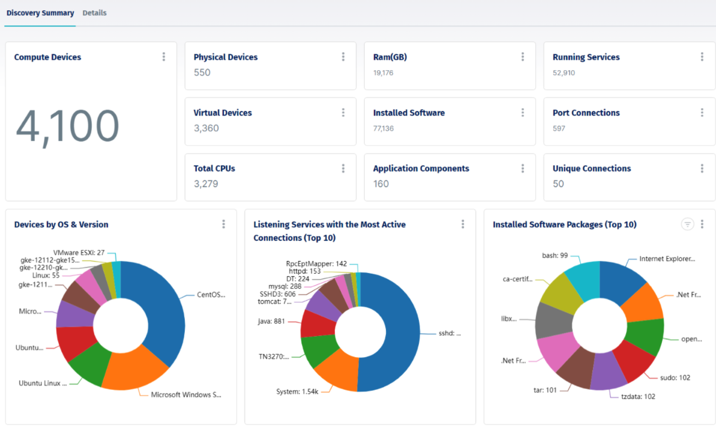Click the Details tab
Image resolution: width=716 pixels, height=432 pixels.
[94, 13]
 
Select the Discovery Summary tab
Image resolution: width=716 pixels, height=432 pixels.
[40, 13]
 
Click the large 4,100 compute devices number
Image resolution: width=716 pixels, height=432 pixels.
[67, 127]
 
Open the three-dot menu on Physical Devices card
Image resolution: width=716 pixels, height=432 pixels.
[343, 57]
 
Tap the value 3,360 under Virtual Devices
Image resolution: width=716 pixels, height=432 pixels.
[206, 128]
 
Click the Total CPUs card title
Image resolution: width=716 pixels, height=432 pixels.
[214, 169]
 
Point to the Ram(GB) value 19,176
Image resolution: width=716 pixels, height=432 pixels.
[383, 73]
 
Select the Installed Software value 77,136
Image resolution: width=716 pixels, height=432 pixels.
[383, 128]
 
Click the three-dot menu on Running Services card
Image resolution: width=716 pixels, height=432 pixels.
[702, 57]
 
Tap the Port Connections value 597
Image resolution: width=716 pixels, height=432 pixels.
[559, 128]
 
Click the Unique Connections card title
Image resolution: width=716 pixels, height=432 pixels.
[591, 169]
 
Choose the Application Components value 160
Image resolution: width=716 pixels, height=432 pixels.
[381, 184]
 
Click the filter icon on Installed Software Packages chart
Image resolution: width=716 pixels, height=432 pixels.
[687, 224]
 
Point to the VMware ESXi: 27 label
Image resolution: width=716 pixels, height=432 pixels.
[79, 253]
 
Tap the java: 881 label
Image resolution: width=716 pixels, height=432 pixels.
[271, 321]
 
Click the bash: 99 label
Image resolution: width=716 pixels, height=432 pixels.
[555, 255]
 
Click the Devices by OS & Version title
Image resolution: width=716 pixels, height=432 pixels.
[61, 224]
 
